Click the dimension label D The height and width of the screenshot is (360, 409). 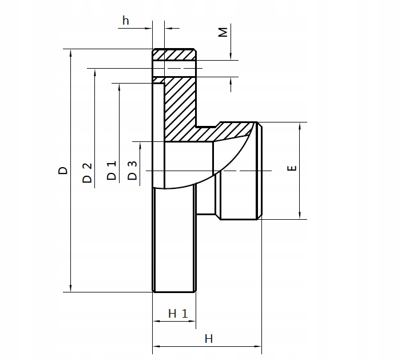click(x=63, y=170)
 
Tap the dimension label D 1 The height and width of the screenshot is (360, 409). click(x=112, y=171)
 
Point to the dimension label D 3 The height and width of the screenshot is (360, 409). click(x=132, y=171)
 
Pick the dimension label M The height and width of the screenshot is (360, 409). click(x=224, y=32)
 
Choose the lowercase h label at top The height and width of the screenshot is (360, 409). click(x=126, y=21)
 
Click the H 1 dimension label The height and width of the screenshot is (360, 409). click(x=178, y=313)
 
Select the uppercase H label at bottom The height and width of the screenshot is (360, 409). click(x=209, y=338)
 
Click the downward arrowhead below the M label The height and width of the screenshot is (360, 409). click(x=231, y=56)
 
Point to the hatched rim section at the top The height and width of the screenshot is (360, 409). click(x=174, y=54)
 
